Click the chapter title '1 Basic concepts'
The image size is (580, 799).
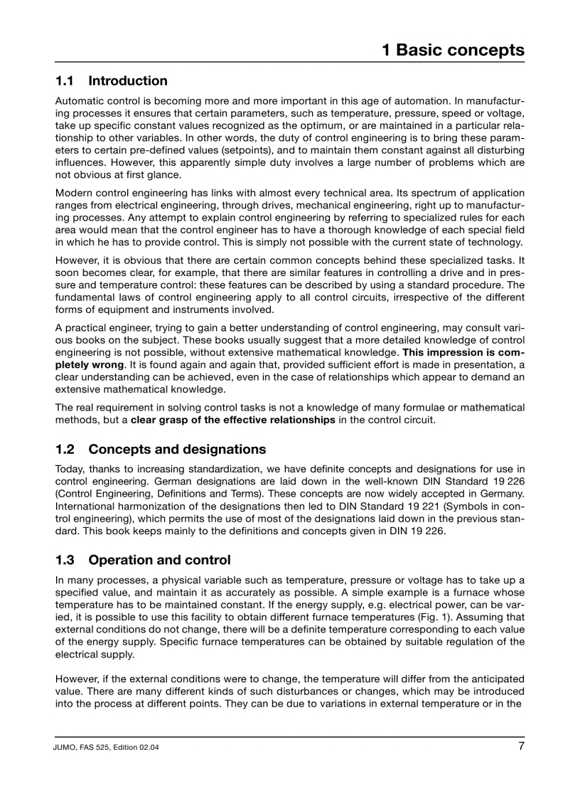point(453,51)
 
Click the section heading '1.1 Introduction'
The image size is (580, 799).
point(112,81)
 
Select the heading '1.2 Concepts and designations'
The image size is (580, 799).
point(161,450)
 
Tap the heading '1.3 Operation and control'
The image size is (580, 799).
point(143,561)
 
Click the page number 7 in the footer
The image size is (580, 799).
point(520,746)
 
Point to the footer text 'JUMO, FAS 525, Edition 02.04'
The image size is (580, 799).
point(107,748)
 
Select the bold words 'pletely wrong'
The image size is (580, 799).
point(79,365)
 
